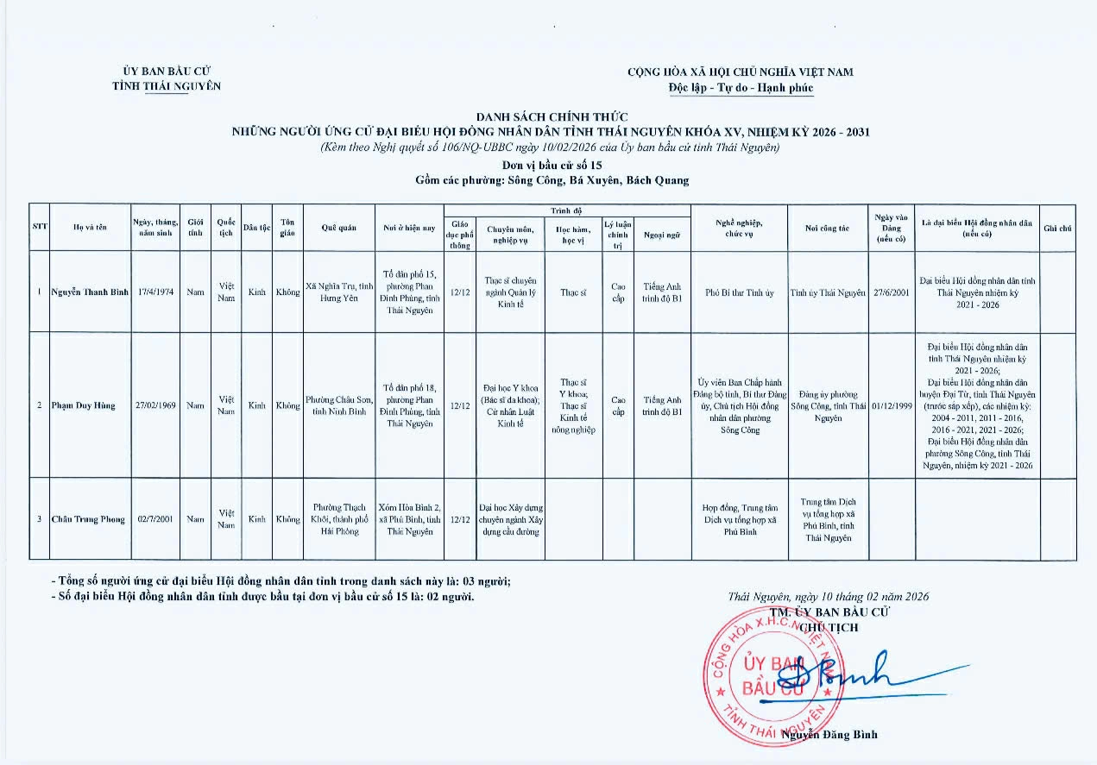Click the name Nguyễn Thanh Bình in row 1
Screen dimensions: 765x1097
(90, 292)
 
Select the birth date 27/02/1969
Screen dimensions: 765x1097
(156, 405)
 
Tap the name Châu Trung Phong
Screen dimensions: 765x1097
(88, 519)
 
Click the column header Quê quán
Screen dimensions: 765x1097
(339, 228)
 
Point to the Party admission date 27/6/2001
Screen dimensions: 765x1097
(892, 292)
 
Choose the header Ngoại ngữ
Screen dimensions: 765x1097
(662, 235)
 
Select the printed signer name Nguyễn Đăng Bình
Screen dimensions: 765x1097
(830, 734)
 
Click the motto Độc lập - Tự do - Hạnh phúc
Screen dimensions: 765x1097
(741, 88)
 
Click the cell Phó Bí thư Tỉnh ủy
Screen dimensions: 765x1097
(739, 292)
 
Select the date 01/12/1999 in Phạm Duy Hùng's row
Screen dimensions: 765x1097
(892, 405)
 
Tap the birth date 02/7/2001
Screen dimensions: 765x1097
(156, 519)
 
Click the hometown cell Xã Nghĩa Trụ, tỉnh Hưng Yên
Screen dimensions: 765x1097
(339, 292)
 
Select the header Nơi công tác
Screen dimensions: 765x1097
(827, 228)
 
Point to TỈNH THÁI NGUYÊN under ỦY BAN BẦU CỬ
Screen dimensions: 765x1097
(167, 86)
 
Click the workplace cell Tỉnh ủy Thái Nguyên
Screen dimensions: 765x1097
(827, 292)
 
